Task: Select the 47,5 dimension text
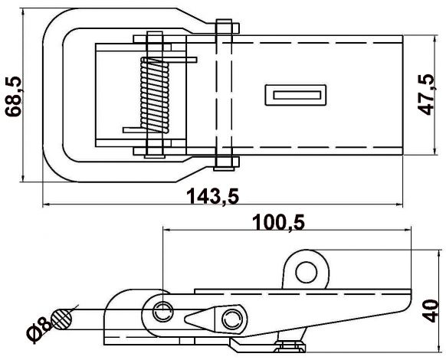tap(428, 93)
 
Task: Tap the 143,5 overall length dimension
tap(213, 196)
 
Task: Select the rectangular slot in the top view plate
tap(295, 95)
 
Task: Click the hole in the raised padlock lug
tap(307, 270)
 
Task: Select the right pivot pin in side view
tap(231, 318)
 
